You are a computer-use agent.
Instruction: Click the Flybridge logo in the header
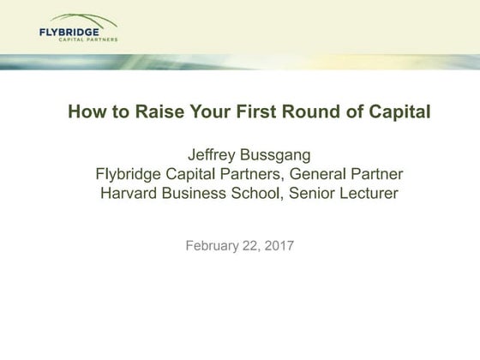pos(78,28)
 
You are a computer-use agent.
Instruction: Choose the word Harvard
pos(129,194)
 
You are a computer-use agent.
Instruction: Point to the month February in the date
pos(215,246)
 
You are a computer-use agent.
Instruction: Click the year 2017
pos(280,246)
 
